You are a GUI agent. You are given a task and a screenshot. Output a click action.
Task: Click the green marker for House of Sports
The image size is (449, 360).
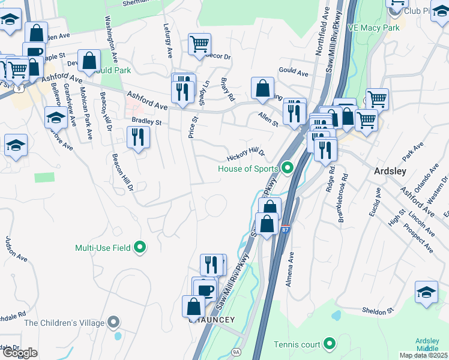(288, 168)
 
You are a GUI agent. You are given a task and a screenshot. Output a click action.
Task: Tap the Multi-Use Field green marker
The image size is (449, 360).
(140, 247)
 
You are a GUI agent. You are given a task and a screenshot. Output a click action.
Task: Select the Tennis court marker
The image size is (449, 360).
(328, 344)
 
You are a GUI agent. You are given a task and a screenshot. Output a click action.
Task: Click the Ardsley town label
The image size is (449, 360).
(390, 171)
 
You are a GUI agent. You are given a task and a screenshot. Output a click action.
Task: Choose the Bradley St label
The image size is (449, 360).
(147, 122)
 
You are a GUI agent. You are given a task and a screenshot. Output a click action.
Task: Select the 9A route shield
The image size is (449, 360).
(237, 349)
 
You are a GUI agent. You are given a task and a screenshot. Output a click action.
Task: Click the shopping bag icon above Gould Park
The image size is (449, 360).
(89, 61)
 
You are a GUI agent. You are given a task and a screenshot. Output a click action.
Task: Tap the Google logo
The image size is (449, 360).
(20, 353)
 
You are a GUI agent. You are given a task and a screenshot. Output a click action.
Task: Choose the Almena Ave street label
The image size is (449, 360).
(290, 268)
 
